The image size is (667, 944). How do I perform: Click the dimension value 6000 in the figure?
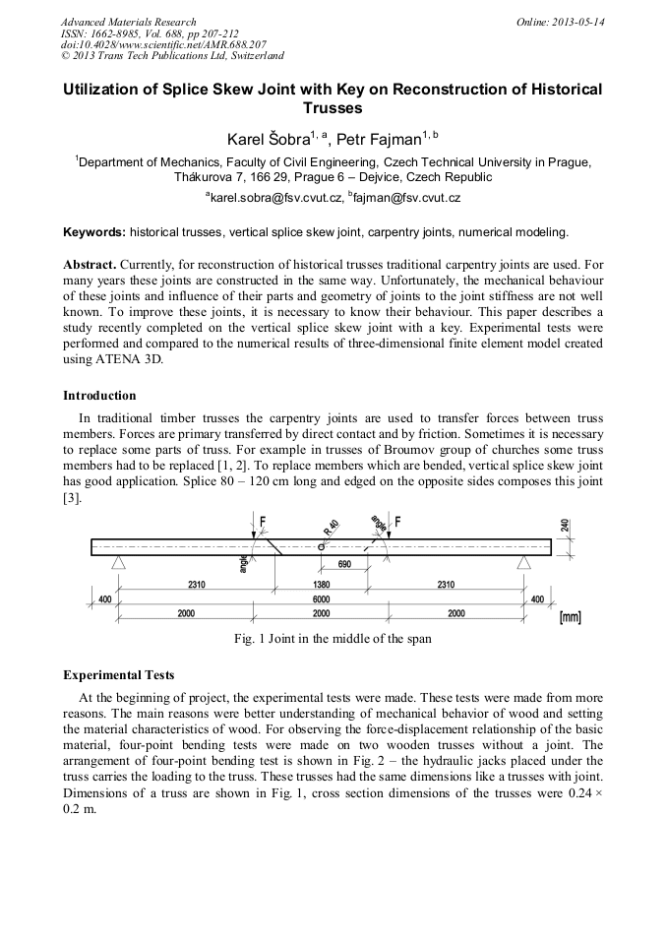click(x=321, y=598)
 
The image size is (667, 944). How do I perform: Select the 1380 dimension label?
click(x=321, y=585)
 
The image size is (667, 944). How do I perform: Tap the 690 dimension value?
click(x=344, y=565)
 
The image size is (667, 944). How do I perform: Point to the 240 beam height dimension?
click(x=565, y=527)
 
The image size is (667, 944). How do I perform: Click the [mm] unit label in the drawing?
click(x=571, y=617)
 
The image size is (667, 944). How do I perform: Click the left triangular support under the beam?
click(x=118, y=562)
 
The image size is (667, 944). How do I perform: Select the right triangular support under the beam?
click(x=523, y=562)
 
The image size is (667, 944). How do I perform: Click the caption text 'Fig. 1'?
click(x=248, y=639)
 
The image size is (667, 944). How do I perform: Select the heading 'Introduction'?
click(x=99, y=396)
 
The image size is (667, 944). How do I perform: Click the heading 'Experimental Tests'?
click(x=118, y=675)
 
